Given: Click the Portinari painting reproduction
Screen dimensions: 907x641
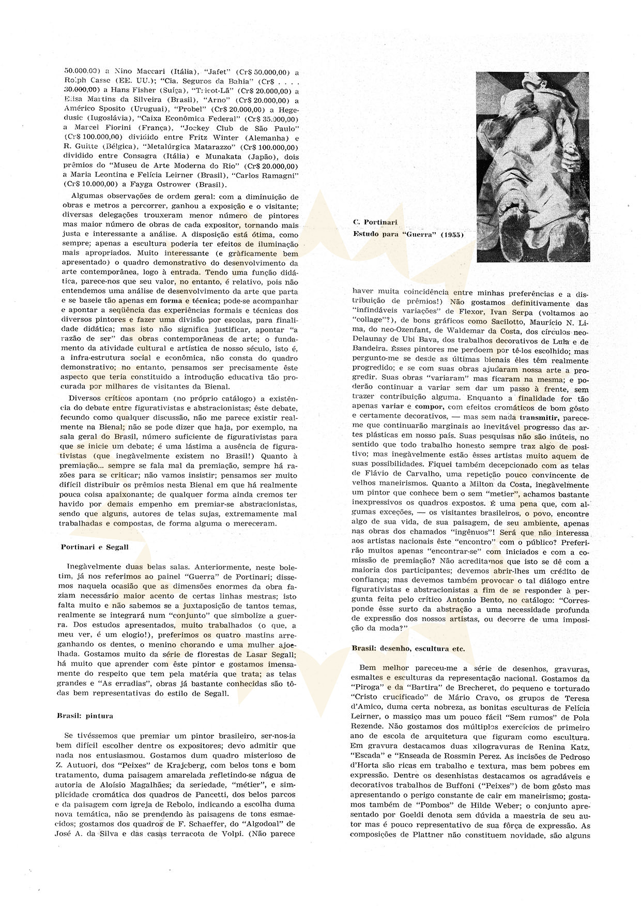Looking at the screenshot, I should click(532, 167).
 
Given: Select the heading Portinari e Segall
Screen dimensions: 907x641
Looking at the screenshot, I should click(94, 547).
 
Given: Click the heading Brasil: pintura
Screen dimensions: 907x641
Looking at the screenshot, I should click(85, 716).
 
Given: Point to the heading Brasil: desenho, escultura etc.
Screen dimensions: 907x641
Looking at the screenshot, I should click(408, 648).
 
